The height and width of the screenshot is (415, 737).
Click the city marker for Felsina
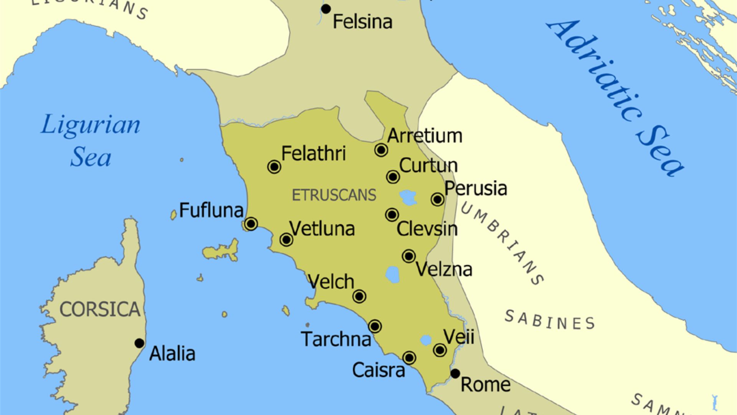pyautogui.click(x=326, y=9)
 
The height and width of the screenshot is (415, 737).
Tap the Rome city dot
pyautogui.click(x=455, y=373)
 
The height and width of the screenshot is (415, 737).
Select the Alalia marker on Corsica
pyautogui.click(x=139, y=343)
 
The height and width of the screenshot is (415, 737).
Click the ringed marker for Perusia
pyautogui.click(x=438, y=199)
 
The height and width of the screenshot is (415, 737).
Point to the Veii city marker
pyautogui.click(x=440, y=350)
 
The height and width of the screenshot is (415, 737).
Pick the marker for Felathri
pyautogui.click(x=274, y=167)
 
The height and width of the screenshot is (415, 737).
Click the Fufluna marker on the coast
pyautogui.click(x=251, y=224)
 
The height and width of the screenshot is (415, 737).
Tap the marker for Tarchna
pyautogui.click(x=375, y=327)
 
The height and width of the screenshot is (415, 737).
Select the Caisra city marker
pyautogui.click(x=409, y=358)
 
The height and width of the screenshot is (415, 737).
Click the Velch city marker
pyautogui.click(x=359, y=296)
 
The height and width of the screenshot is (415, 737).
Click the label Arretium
pyautogui.click(x=425, y=136)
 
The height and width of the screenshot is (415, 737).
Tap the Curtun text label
pyautogui.click(x=428, y=166)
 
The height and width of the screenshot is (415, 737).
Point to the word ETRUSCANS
pyautogui.click(x=334, y=195)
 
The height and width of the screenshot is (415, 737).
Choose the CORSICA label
pyautogui.click(x=100, y=309)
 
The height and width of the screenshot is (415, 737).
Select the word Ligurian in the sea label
pyautogui.click(x=91, y=125)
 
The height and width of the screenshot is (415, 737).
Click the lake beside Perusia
pyautogui.click(x=408, y=198)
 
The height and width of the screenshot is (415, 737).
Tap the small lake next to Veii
pyautogui.click(x=426, y=340)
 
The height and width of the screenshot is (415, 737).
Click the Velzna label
pyautogui.click(x=444, y=269)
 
